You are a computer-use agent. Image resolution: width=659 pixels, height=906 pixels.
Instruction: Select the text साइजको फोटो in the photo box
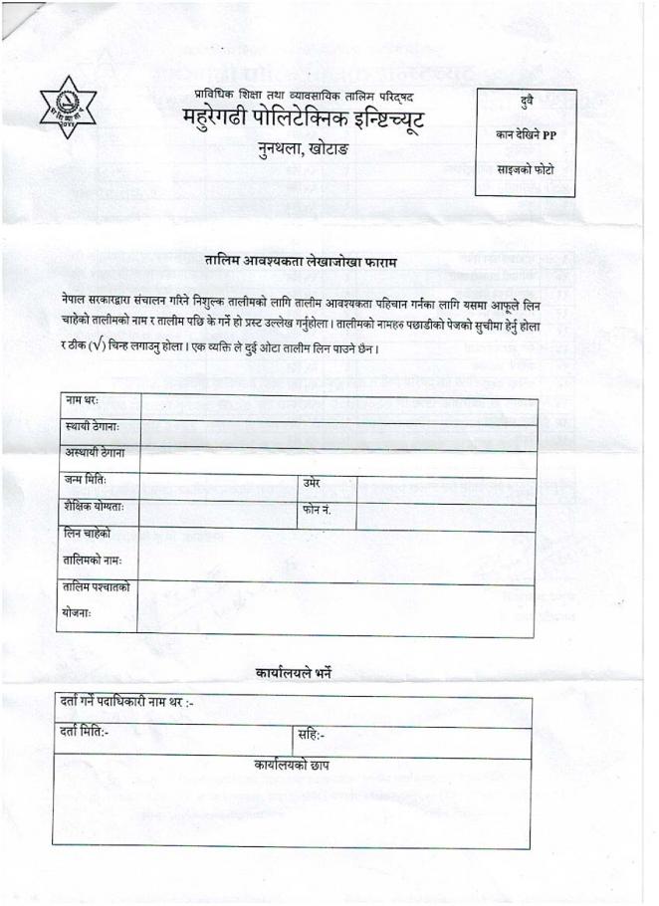coord(527,170)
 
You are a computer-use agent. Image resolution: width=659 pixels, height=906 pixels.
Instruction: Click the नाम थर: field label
coord(83,400)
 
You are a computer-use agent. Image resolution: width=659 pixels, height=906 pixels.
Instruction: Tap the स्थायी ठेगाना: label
coord(92,427)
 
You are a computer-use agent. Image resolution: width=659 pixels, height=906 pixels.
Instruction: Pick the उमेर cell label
coord(312,483)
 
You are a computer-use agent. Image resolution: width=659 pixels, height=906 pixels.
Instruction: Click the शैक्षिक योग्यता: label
coord(95,508)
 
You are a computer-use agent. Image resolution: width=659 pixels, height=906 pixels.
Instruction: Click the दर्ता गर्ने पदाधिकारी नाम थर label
coord(124,706)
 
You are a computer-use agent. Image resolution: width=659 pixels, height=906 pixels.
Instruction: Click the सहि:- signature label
coord(312,736)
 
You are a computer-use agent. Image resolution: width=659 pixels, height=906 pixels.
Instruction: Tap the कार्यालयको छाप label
coord(292,765)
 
